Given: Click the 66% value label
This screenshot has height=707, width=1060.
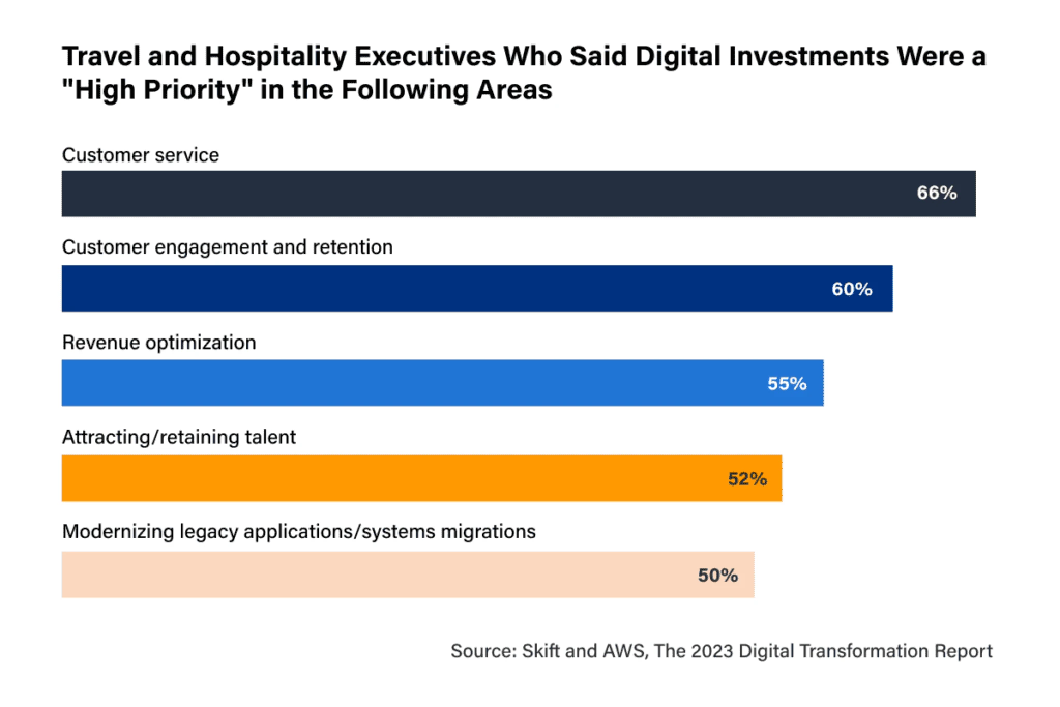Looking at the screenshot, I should [x=937, y=193].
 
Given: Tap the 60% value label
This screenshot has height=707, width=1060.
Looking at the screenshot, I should [x=852, y=289].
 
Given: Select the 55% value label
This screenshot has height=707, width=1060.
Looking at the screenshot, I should [x=787, y=384].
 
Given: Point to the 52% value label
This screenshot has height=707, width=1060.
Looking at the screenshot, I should [x=747, y=479].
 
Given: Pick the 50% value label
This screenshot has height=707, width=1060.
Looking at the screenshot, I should [x=718, y=575].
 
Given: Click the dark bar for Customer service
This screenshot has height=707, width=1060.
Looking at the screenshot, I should [x=466, y=194].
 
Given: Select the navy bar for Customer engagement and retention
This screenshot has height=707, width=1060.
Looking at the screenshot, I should [x=440, y=289].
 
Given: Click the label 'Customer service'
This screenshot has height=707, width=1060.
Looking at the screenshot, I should [x=141, y=155].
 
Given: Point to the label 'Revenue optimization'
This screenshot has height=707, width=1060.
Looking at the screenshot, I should [x=159, y=343].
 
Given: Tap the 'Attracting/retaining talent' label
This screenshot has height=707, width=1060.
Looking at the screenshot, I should [x=179, y=437].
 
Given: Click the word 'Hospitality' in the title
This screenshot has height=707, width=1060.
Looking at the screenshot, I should [x=275, y=56].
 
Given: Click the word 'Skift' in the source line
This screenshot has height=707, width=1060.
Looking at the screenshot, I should [x=541, y=651].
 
